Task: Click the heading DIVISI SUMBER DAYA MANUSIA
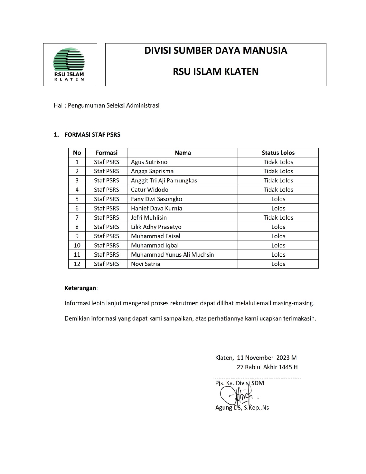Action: pyautogui.click(x=216, y=51)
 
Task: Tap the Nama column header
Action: pyautogui.click(x=183, y=153)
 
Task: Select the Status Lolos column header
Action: pyautogui.click(x=278, y=153)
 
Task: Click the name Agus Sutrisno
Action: pyautogui.click(x=149, y=162)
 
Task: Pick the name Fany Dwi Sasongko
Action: pyautogui.click(x=156, y=199)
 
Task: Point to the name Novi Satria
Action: pyautogui.click(x=145, y=264)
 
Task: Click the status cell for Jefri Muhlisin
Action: pyautogui.click(x=278, y=217)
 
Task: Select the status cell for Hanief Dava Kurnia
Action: pyautogui.click(x=278, y=208)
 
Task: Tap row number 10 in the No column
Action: pyautogui.click(x=77, y=245)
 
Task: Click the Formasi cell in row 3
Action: pyautogui.click(x=107, y=180)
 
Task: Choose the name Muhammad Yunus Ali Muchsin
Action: pyautogui.click(x=172, y=255)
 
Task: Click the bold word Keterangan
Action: pyautogui.click(x=80, y=288)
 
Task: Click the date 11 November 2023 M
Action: pyautogui.click(x=267, y=358)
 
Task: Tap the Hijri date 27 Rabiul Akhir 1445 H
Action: pyautogui.click(x=267, y=367)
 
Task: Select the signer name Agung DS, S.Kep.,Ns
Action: pyautogui.click(x=242, y=408)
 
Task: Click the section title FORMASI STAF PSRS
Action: pyautogui.click(x=92, y=135)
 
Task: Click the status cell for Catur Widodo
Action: pyautogui.click(x=278, y=190)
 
